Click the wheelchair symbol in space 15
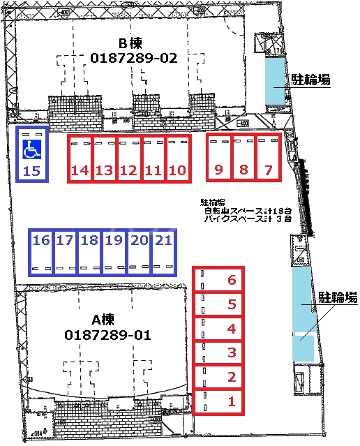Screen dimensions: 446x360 [31, 149]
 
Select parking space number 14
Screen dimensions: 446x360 [80, 158]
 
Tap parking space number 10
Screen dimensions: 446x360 [177, 158]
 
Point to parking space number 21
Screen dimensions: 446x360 [163, 251]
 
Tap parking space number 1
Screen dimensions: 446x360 [218, 401]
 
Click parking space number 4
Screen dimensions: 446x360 [218, 328]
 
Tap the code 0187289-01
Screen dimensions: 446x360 [107, 335]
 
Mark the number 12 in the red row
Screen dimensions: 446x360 [128, 170]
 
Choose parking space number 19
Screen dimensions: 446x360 [114, 251]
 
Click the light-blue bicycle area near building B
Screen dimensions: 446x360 [274, 80]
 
